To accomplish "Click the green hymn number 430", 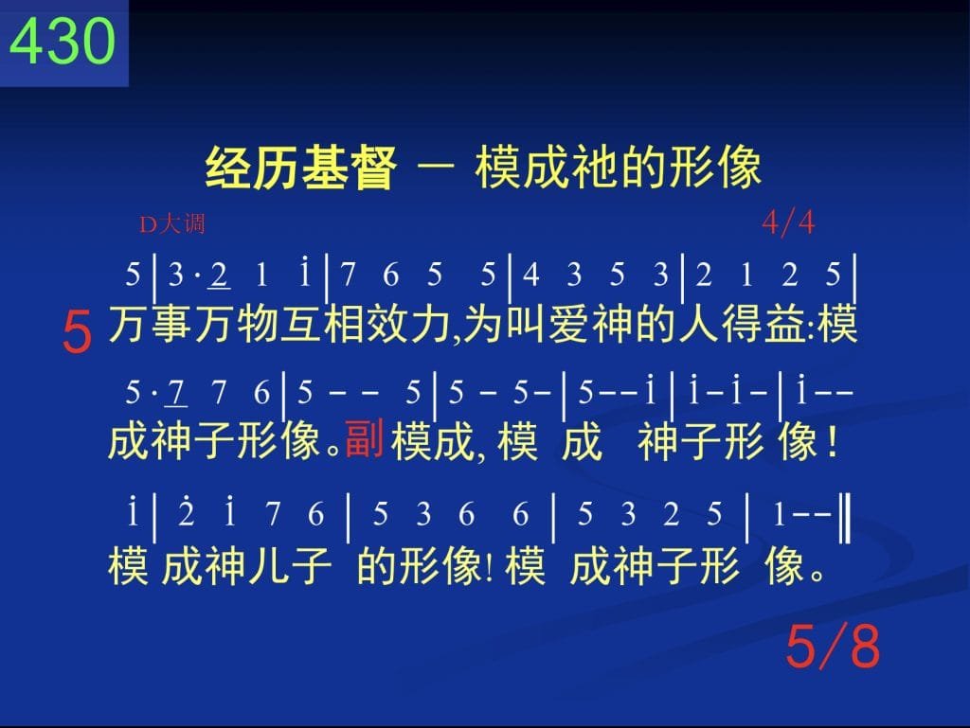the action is [x=63, y=41].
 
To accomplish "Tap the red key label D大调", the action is [x=172, y=223].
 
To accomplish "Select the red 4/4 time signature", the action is [x=788, y=222].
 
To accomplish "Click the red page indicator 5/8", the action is [x=833, y=646].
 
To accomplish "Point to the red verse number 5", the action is [x=78, y=332].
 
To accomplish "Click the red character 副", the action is [x=365, y=438].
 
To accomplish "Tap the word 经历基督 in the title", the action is [x=300, y=169].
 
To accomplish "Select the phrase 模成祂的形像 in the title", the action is [x=618, y=168].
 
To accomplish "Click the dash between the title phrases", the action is [x=436, y=168].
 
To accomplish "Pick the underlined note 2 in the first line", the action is [x=219, y=275].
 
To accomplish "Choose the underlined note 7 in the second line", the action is [x=176, y=393].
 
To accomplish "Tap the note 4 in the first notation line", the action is [x=530, y=274].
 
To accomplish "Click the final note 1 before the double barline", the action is [x=780, y=514].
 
